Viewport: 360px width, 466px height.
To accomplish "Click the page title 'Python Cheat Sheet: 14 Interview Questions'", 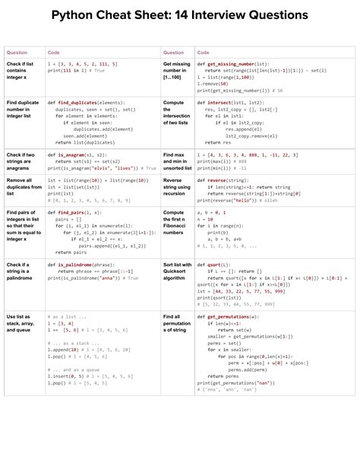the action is pos(180,14).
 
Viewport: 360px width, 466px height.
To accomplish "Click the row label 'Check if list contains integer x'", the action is pos(20,71).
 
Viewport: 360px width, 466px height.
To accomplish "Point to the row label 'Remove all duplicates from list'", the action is pos(21,187).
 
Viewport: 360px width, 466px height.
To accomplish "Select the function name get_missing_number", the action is pos(236,64).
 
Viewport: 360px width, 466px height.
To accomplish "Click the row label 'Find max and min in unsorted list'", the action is pos(175,161).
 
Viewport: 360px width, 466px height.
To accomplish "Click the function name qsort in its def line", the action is pos(216,265).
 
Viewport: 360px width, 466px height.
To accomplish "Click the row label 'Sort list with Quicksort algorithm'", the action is pos(175,271).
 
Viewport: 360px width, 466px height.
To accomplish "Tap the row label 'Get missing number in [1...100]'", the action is pos(176,71).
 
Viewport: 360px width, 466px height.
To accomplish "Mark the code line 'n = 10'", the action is pos(204,220).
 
